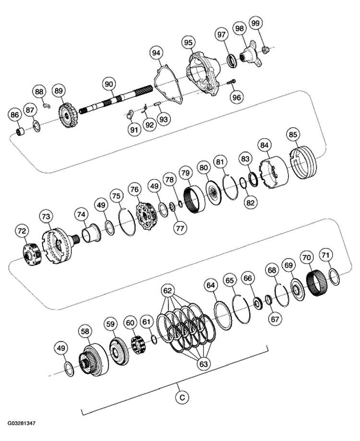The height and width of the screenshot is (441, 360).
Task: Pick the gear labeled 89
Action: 65,116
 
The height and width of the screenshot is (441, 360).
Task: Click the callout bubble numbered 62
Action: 168,290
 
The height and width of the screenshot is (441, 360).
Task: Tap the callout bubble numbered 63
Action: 204,364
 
